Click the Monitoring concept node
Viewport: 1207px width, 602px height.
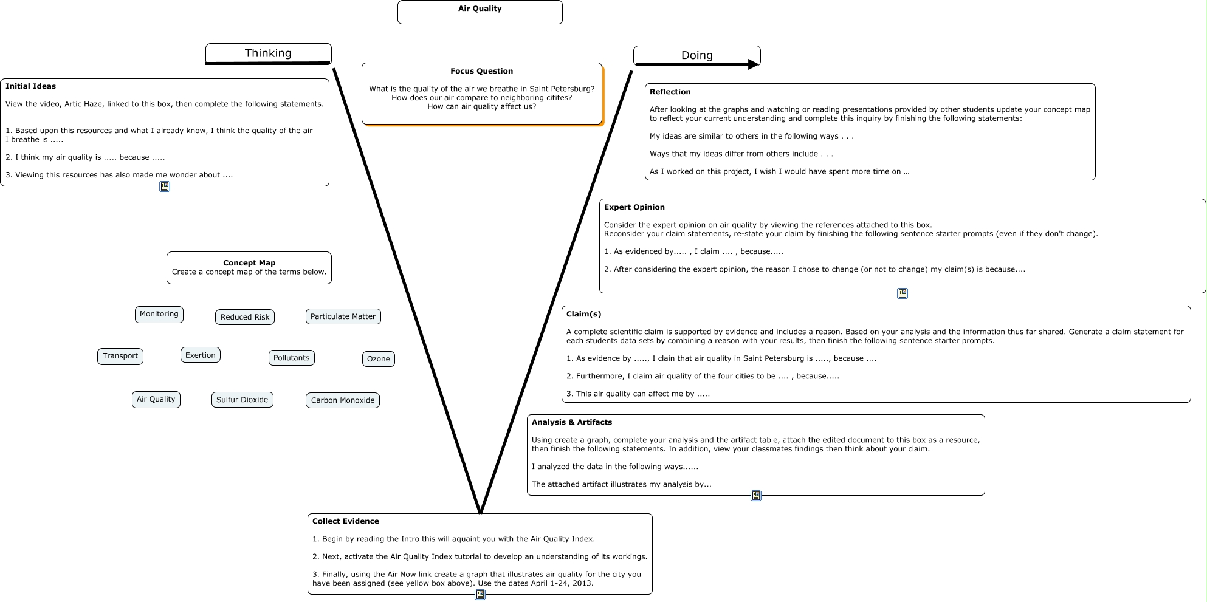(x=159, y=314)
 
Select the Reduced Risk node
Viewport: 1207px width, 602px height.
(x=244, y=317)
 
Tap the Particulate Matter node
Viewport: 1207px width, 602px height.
(x=343, y=316)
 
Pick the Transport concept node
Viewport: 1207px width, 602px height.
(x=120, y=356)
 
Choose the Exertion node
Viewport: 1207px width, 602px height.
(x=200, y=355)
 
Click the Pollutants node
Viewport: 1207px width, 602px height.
(x=291, y=358)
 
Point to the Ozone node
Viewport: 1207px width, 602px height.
(x=378, y=359)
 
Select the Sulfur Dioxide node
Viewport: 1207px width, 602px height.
(x=242, y=400)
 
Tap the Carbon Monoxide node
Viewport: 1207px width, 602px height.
(x=342, y=400)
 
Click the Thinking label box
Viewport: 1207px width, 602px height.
(x=268, y=53)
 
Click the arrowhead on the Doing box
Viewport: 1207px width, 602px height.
(x=754, y=64)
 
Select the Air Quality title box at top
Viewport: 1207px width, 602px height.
(x=480, y=12)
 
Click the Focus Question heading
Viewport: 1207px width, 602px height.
(x=481, y=71)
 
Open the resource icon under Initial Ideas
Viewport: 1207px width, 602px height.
(x=165, y=186)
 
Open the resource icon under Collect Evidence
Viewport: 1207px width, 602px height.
(x=480, y=595)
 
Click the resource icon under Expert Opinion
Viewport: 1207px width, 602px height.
(x=903, y=293)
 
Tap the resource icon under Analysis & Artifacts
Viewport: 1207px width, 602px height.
(x=756, y=496)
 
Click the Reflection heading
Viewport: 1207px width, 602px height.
(x=670, y=92)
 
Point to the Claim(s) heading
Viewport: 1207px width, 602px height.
(x=583, y=314)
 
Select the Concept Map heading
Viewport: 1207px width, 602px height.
(x=249, y=263)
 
